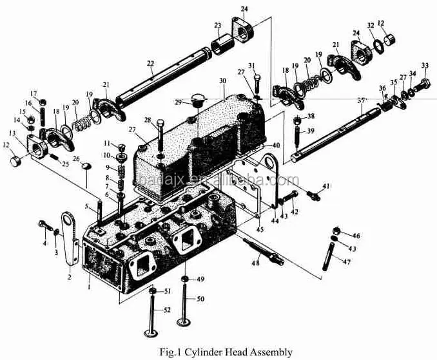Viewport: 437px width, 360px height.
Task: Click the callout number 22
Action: coord(151,63)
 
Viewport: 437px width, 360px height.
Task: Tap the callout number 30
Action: coord(222,81)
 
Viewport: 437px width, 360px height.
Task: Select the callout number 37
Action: coord(362,100)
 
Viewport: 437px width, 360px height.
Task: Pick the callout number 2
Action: coord(69,278)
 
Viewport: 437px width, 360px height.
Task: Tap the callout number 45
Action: coord(260,230)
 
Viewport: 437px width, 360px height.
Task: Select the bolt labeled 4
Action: coord(44,227)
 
